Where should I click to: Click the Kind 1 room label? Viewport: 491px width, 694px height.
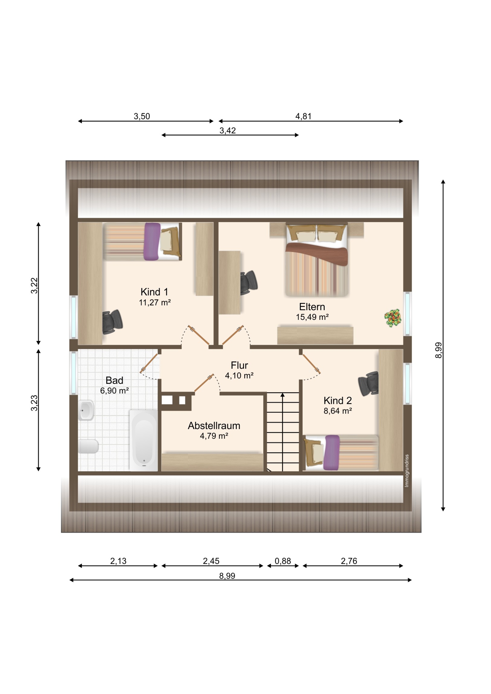click(154, 292)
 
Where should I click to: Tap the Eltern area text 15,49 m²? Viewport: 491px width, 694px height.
click(312, 317)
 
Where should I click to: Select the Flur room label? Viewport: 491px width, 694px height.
click(239, 365)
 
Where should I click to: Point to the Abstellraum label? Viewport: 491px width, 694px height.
click(214, 425)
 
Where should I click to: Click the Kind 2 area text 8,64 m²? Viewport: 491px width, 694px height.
click(338, 411)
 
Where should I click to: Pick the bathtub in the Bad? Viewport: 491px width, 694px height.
click(144, 440)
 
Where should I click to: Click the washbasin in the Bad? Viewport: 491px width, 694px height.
click(86, 410)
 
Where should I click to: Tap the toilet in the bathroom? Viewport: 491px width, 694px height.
click(88, 446)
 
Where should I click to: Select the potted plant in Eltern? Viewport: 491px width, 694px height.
click(393, 318)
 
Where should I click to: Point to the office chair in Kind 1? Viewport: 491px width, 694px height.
click(112, 322)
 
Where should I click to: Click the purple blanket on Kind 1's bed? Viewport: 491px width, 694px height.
click(152, 241)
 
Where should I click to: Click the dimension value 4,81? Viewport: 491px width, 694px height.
click(303, 116)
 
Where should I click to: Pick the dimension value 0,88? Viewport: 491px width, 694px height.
click(283, 561)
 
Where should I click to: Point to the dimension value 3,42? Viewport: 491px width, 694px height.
click(228, 130)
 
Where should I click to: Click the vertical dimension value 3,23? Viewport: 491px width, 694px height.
click(34, 403)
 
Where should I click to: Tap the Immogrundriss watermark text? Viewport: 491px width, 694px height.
click(407, 471)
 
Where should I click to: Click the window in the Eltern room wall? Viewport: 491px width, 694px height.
click(407, 314)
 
